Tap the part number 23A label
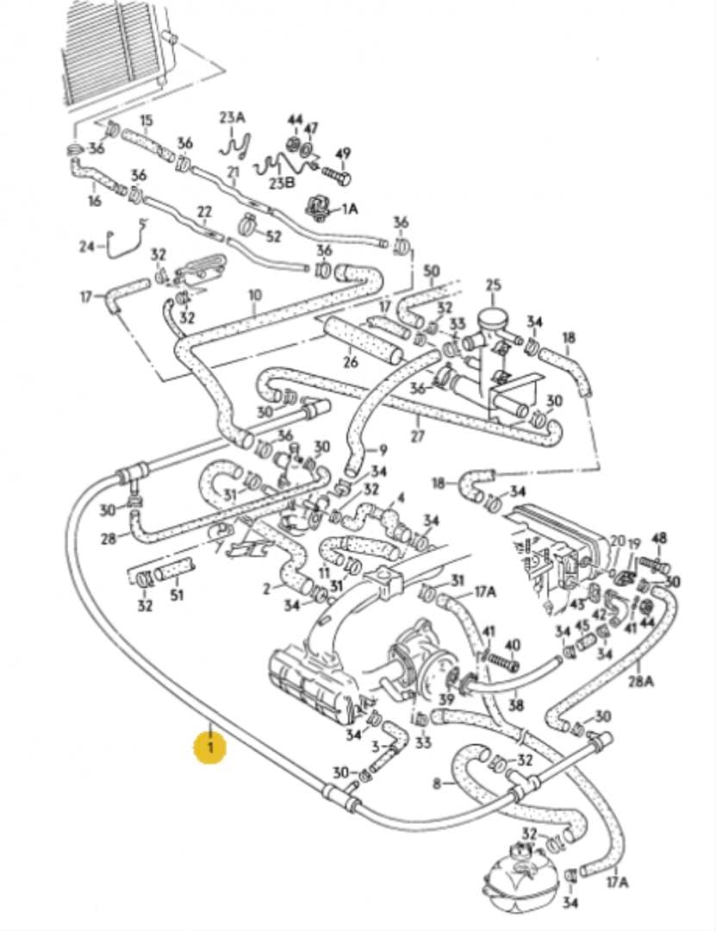click(x=232, y=117)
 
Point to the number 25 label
click(x=492, y=285)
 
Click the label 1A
click(x=349, y=209)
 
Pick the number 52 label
click(x=272, y=235)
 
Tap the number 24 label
click(x=86, y=247)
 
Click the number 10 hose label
click(x=254, y=296)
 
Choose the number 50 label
click(x=432, y=272)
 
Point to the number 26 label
click(x=350, y=362)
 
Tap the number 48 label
click(x=659, y=539)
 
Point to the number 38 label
click(x=516, y=704)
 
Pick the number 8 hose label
click(x=437, y=784)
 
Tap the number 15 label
click(x=146, y=120)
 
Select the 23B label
click(x=281, y=183)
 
